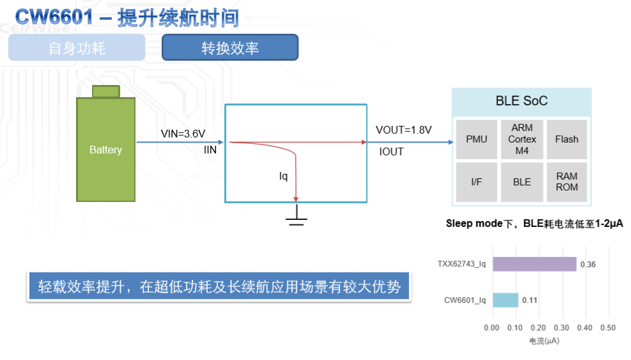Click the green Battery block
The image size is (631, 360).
pyautogui.click(x=105, y=150)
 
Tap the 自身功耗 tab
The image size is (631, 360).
pyautogui.click(x=77, y=48)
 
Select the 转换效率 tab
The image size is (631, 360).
pyautogui.click(x=230, y=48)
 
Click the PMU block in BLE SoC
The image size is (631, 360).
pyautogui.click(x=476, y=139)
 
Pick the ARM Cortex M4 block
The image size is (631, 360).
pyautogui.click(x=522, y=139)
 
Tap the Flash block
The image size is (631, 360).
pyautogui.click(x=566, y=139)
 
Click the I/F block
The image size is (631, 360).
pyautogui.click(x=476, y=182)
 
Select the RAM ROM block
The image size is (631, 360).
pyautogui.click(x=566, y=182)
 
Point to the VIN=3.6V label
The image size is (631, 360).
pyautogui.click(x=183, y=134)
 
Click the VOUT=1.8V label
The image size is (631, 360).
pyautogui.click(x=403, y=130)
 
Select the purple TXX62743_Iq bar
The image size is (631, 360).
pyautogui.click(x=534, y=264)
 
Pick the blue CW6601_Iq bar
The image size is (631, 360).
pyautogui.click(x=505, y=300)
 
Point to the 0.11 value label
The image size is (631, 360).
pyautogui.click(x=529, y=300)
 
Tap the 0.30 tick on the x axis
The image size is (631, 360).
pyautogui.click(x=561, y=328)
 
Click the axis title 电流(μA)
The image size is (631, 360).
pyautogui.click(x=544, y=341)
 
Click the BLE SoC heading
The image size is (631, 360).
pyautogui.click(x=522, y=101)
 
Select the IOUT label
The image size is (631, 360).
pyautogui.click(x=391, y=152)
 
